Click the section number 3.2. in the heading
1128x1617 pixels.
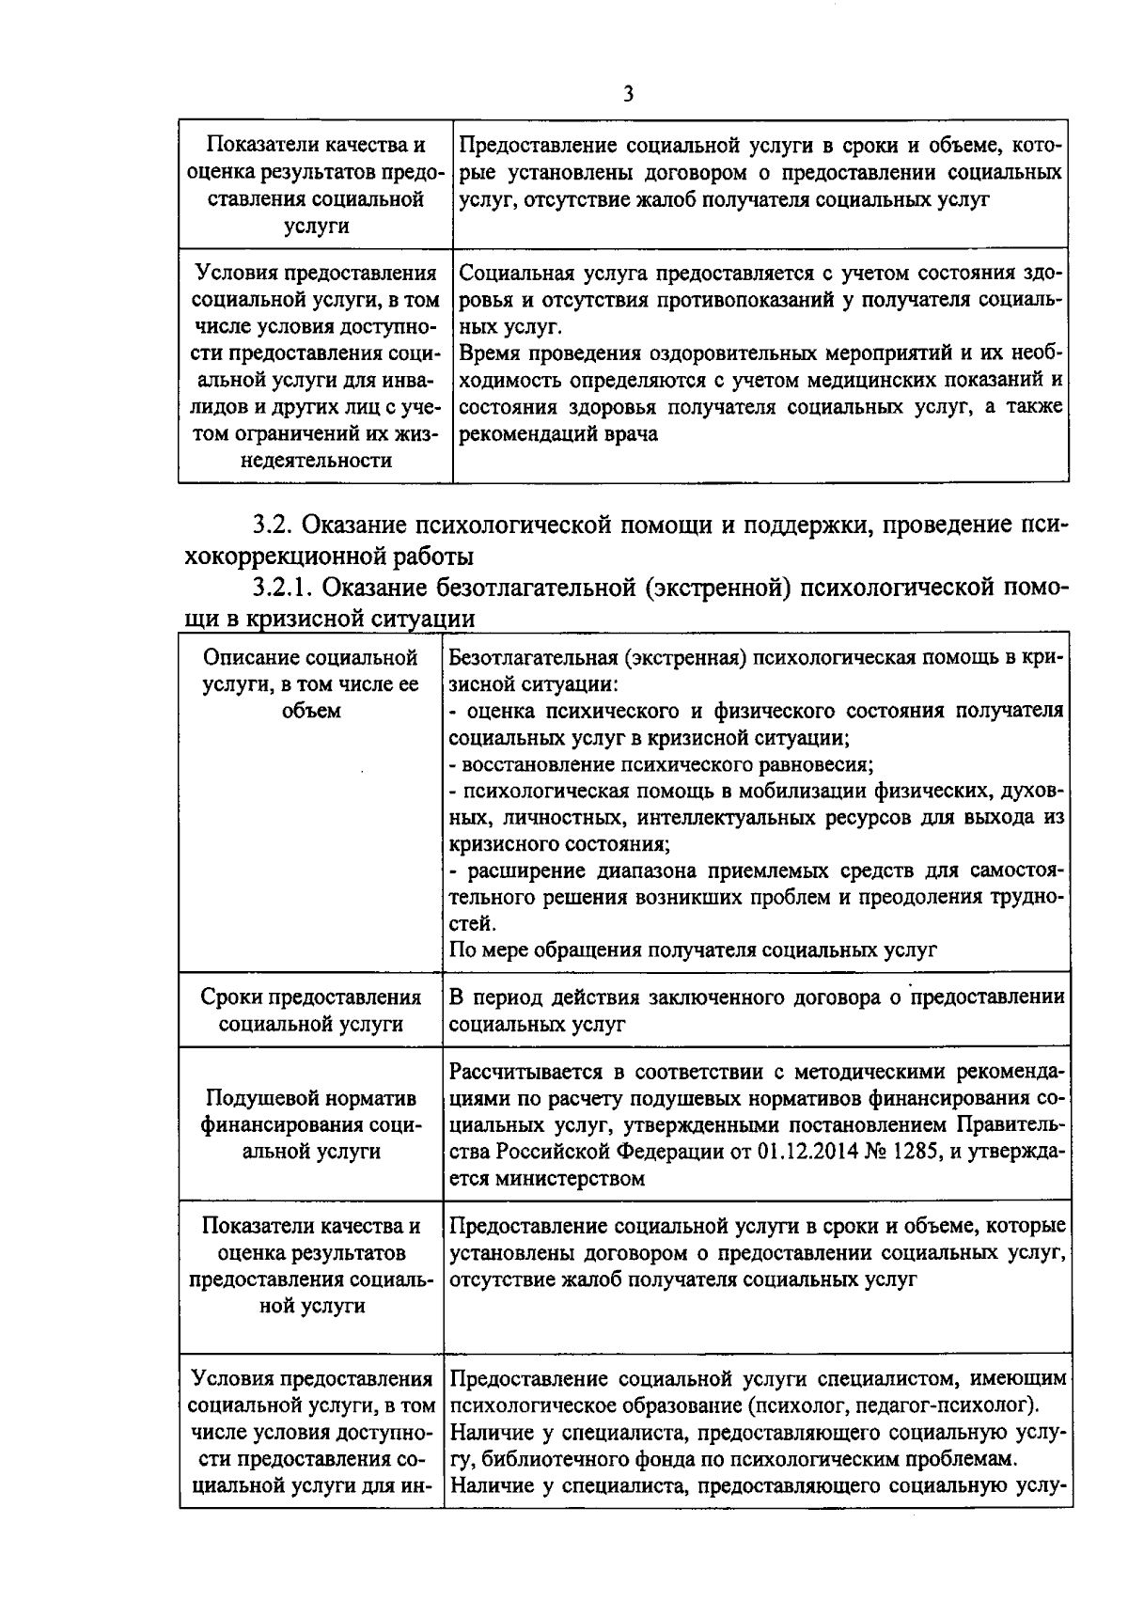tap(274, 524)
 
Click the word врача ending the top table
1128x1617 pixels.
tap(630, 434)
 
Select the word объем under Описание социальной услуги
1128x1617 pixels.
tap(310, 711)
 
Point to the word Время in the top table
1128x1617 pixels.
tap(487, 354)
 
